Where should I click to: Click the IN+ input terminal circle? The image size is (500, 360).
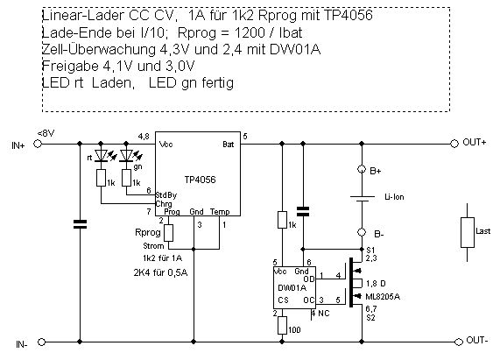(x=38, y=144)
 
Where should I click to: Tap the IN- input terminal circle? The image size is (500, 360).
(x=41, y=342)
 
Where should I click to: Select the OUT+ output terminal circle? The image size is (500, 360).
(x=454, y=144)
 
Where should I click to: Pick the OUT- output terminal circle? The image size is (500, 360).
(x=458, y=342)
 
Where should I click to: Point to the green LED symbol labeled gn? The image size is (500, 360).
(x=127, y=156)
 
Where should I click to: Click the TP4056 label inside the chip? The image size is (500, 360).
(x=200, y=180)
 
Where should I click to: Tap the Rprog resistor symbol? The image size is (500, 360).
(x=169, y=233)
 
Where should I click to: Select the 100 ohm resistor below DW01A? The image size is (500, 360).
(x=282, y=325)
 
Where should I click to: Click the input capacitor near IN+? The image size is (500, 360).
(x=80, y=224)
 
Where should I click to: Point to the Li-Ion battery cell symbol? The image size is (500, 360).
(x=362, y=199)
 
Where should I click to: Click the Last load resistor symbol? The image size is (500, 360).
(x=467, y=232)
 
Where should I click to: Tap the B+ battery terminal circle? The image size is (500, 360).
(x=362, y=169)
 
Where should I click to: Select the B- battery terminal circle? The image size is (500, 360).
(x=362, y=232)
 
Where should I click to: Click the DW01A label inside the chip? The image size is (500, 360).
(x=292, y=288)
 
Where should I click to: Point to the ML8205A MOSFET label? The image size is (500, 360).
(x=383, y=297)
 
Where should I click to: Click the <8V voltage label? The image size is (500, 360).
(x=46, y=133)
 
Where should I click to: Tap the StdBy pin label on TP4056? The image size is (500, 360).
(x=165, y=195)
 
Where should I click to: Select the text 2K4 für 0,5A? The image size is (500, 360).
(x=161, y=273)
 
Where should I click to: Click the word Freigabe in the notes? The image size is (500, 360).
(x=70, y=67)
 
